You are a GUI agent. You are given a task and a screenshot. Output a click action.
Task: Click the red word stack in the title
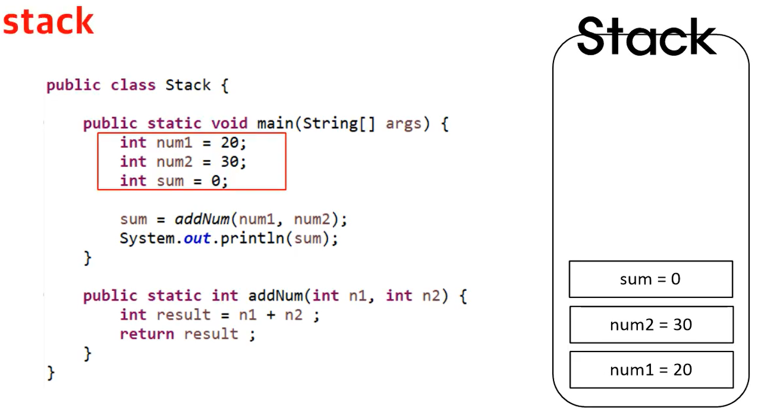[48, 22]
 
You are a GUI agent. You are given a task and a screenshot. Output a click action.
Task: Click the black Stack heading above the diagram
[646, 37]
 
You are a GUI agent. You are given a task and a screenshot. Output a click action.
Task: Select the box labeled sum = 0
[650, 279]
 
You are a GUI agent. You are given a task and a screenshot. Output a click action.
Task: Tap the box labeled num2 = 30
[650, 325]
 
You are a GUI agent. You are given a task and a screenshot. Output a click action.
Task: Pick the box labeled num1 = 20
[650, 370]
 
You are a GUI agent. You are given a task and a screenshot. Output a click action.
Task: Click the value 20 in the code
[229, 143]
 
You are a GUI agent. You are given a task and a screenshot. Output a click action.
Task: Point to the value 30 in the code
[229, 161]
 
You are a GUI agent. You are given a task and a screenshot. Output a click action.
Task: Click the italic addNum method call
[202, 219]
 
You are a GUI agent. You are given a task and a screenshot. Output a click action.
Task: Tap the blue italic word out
[197, 239]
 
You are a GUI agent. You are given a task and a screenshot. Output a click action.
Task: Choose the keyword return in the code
[147, 334]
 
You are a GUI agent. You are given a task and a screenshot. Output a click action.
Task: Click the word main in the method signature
[275, 123]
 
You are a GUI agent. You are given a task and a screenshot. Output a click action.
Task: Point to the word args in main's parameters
[404, 123]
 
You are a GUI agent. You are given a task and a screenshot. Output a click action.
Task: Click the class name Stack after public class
[188, 85]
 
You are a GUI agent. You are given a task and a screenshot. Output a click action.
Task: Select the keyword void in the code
[229, 123]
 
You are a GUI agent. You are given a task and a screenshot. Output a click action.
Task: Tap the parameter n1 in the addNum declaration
[357, 296]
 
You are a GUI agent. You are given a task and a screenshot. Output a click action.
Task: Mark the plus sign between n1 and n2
[271, 315]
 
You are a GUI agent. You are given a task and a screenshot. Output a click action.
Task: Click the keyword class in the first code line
[133, 85]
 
